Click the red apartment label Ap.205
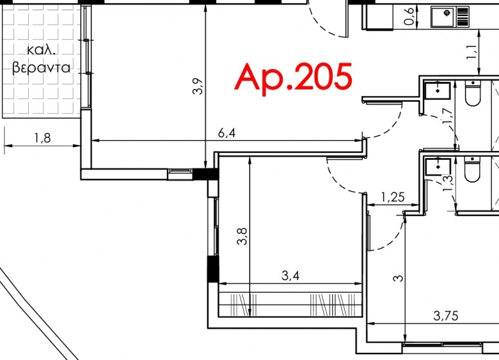coord(293,77)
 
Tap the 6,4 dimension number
coord(227,133)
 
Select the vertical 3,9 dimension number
coord(198,86)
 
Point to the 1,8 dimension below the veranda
coord(42,138)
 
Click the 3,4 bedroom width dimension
coord(290,276)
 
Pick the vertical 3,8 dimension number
coord(242,237)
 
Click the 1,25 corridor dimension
coord(393,198)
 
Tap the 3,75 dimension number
coord(446,316)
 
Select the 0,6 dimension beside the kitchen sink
coord(409,16)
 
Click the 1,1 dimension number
coord(471,52)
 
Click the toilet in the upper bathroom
coord(473,93)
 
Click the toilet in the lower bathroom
coord(472,169)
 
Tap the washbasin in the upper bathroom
coord(438,90)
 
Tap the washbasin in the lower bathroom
coord(438,166)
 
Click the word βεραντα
coord(41,68)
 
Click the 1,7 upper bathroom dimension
coord(447,116)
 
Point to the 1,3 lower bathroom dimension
coord(447,183)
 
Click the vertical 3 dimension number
coord(398,278)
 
